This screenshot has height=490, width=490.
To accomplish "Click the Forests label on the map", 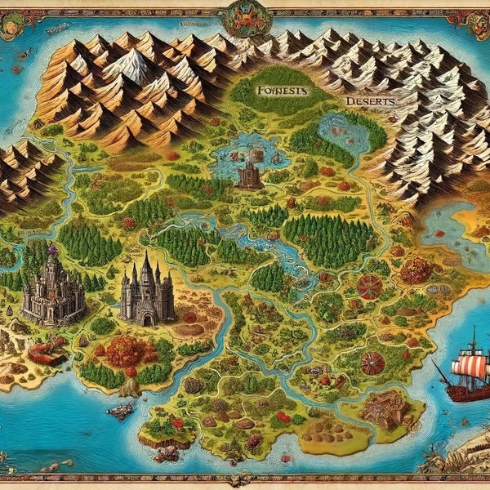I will click(280, 91).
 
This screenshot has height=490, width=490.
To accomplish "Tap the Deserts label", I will click(369, 101).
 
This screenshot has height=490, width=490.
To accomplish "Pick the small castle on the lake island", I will click(248, 172).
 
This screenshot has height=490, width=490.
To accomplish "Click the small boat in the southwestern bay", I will click(120, 411).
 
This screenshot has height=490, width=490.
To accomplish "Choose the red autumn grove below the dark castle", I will click(127, 351).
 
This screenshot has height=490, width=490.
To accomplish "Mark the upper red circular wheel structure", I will click(370, 286).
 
